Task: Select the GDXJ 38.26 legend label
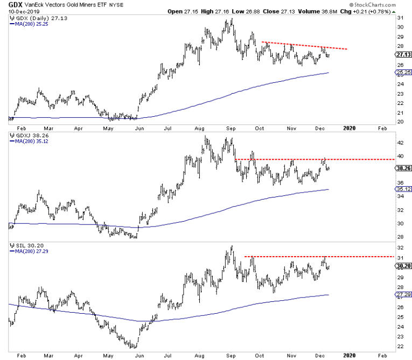coord(29,137)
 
